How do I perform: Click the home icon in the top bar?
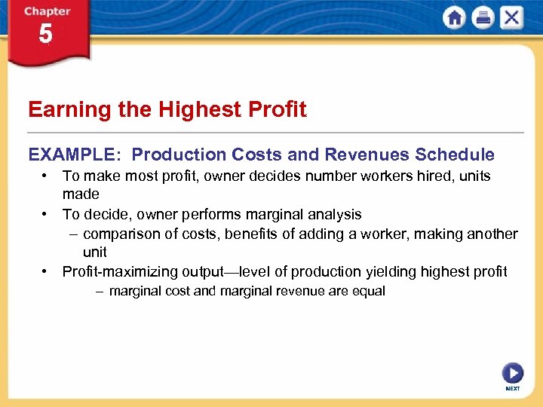(454, 17)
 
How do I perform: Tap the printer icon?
(483, 17)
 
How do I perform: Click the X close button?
(511, 17)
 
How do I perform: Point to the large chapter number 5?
(46, 34)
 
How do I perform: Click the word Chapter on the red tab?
(48, 11)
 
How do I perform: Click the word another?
(491, 234)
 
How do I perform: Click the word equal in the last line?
(368, 291)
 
